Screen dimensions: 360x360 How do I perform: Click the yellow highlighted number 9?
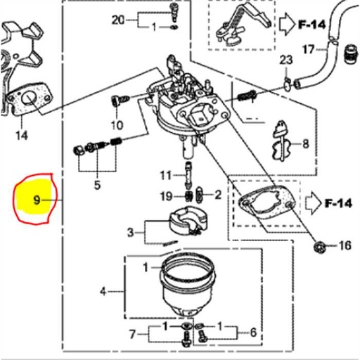(37, 200)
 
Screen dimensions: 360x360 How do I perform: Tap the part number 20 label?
(117, 19)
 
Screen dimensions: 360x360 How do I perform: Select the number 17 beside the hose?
(307, 49)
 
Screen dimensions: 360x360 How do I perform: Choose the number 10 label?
(117, 126)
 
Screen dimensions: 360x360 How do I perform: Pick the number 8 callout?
(305, 144)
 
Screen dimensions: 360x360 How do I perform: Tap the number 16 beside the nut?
(345, 245)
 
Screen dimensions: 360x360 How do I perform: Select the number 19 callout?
(165, 195)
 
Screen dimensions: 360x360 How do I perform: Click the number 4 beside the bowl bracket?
(103, 290)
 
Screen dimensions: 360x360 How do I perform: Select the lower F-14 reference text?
(337, 204)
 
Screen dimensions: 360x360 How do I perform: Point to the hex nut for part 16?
(319, 246)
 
